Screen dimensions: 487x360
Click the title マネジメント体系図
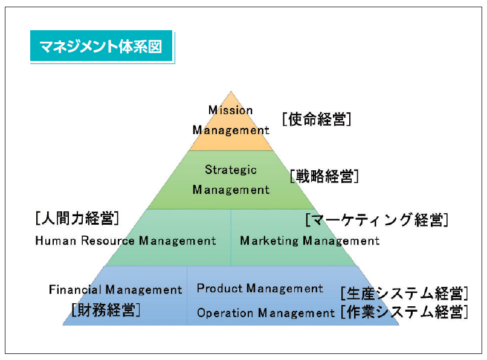[101, 47]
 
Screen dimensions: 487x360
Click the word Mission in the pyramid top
[230, 111]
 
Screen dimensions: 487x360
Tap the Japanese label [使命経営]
[317, 119]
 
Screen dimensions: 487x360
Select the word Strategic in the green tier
[231, 170]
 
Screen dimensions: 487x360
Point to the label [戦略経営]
[324, 176]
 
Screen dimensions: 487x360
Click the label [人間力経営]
[77, 218]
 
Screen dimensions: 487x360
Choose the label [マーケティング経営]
[377, 220]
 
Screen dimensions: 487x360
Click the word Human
[56, 241]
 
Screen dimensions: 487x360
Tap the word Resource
[108, 241]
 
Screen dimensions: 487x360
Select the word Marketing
[269, 241]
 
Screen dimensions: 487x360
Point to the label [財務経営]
[106, 310]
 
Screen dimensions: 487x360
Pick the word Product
[219, 288]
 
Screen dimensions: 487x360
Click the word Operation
[225, 313]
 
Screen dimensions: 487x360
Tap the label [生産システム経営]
[404, 293]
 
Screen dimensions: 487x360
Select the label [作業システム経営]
[404, 312]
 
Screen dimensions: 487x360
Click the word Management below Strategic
[231, 190]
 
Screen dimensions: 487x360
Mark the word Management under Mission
[231, 130]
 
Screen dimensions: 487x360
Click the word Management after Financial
[144, 290]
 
